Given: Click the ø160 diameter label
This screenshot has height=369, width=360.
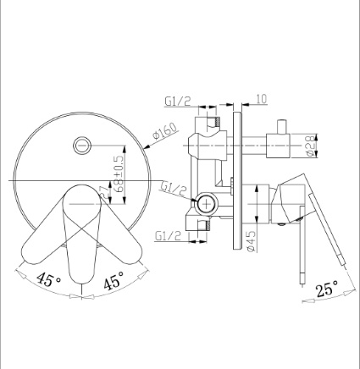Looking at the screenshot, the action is tap(166, 130).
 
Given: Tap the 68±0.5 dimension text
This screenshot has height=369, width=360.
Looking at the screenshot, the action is tap(119, 173).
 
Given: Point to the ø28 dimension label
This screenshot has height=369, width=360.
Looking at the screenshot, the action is tap(310, 146).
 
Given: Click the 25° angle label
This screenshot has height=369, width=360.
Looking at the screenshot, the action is tap(326, 289).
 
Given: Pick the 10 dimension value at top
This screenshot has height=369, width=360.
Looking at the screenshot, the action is tap(262, 99).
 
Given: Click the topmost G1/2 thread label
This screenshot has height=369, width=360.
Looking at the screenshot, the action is tap(178, 102).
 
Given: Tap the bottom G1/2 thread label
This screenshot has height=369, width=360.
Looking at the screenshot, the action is tap(168, 236).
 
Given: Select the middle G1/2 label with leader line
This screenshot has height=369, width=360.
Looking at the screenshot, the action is tap(173, 189).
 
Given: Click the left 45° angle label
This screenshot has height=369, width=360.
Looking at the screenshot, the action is tap(48, 279).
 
